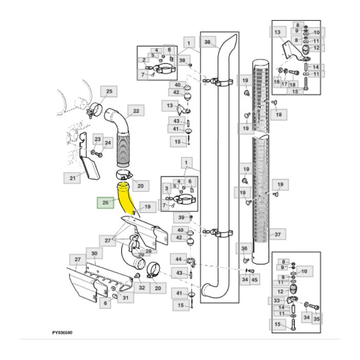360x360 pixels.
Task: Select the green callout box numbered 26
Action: click(x=105, y=203)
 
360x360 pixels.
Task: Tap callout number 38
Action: click(x=207, y=42)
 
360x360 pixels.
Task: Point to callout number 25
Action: click(x=109, y=92)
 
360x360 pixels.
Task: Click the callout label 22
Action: click(x=136, y=111)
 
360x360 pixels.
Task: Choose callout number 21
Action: click(x=73, y=178)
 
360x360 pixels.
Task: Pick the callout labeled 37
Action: click(x=277, y=235)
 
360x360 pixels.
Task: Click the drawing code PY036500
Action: click(x=62, y=333)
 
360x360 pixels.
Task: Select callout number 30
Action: click(x=94, y=254)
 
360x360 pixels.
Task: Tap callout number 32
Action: click(x=141, y=288)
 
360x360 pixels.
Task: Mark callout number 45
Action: click(x=255, y=279)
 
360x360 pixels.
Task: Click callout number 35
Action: click(x=316, y=319)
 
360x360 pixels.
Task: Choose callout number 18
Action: click(x=293, y=84)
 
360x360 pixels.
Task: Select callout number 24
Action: click(x=108, y=143)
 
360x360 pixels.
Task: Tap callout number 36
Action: click(x=245, y=249)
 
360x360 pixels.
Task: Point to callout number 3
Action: click(x=166, y=189)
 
